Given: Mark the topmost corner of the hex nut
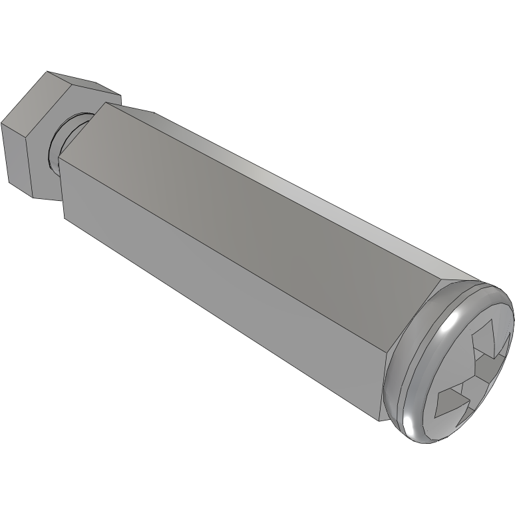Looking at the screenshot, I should (46, 71).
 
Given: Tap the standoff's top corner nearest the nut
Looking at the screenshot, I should (104, 102).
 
